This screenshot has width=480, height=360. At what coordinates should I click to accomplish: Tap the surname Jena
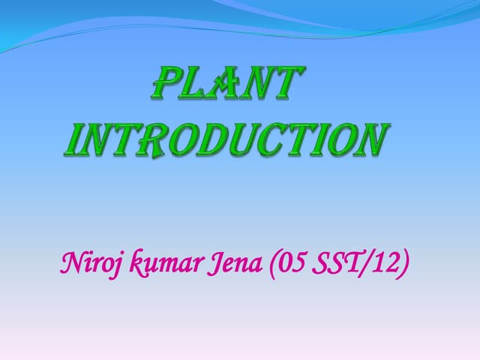[x=238, y=264]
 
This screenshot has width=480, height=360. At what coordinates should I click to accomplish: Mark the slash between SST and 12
[x=365, y=264]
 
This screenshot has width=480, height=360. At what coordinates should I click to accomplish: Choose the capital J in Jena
[x=218, y=265]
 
